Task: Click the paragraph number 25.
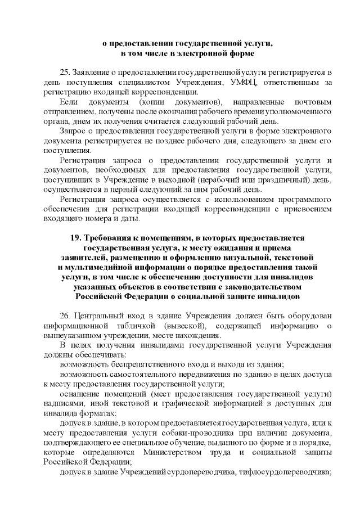[65, 73]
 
